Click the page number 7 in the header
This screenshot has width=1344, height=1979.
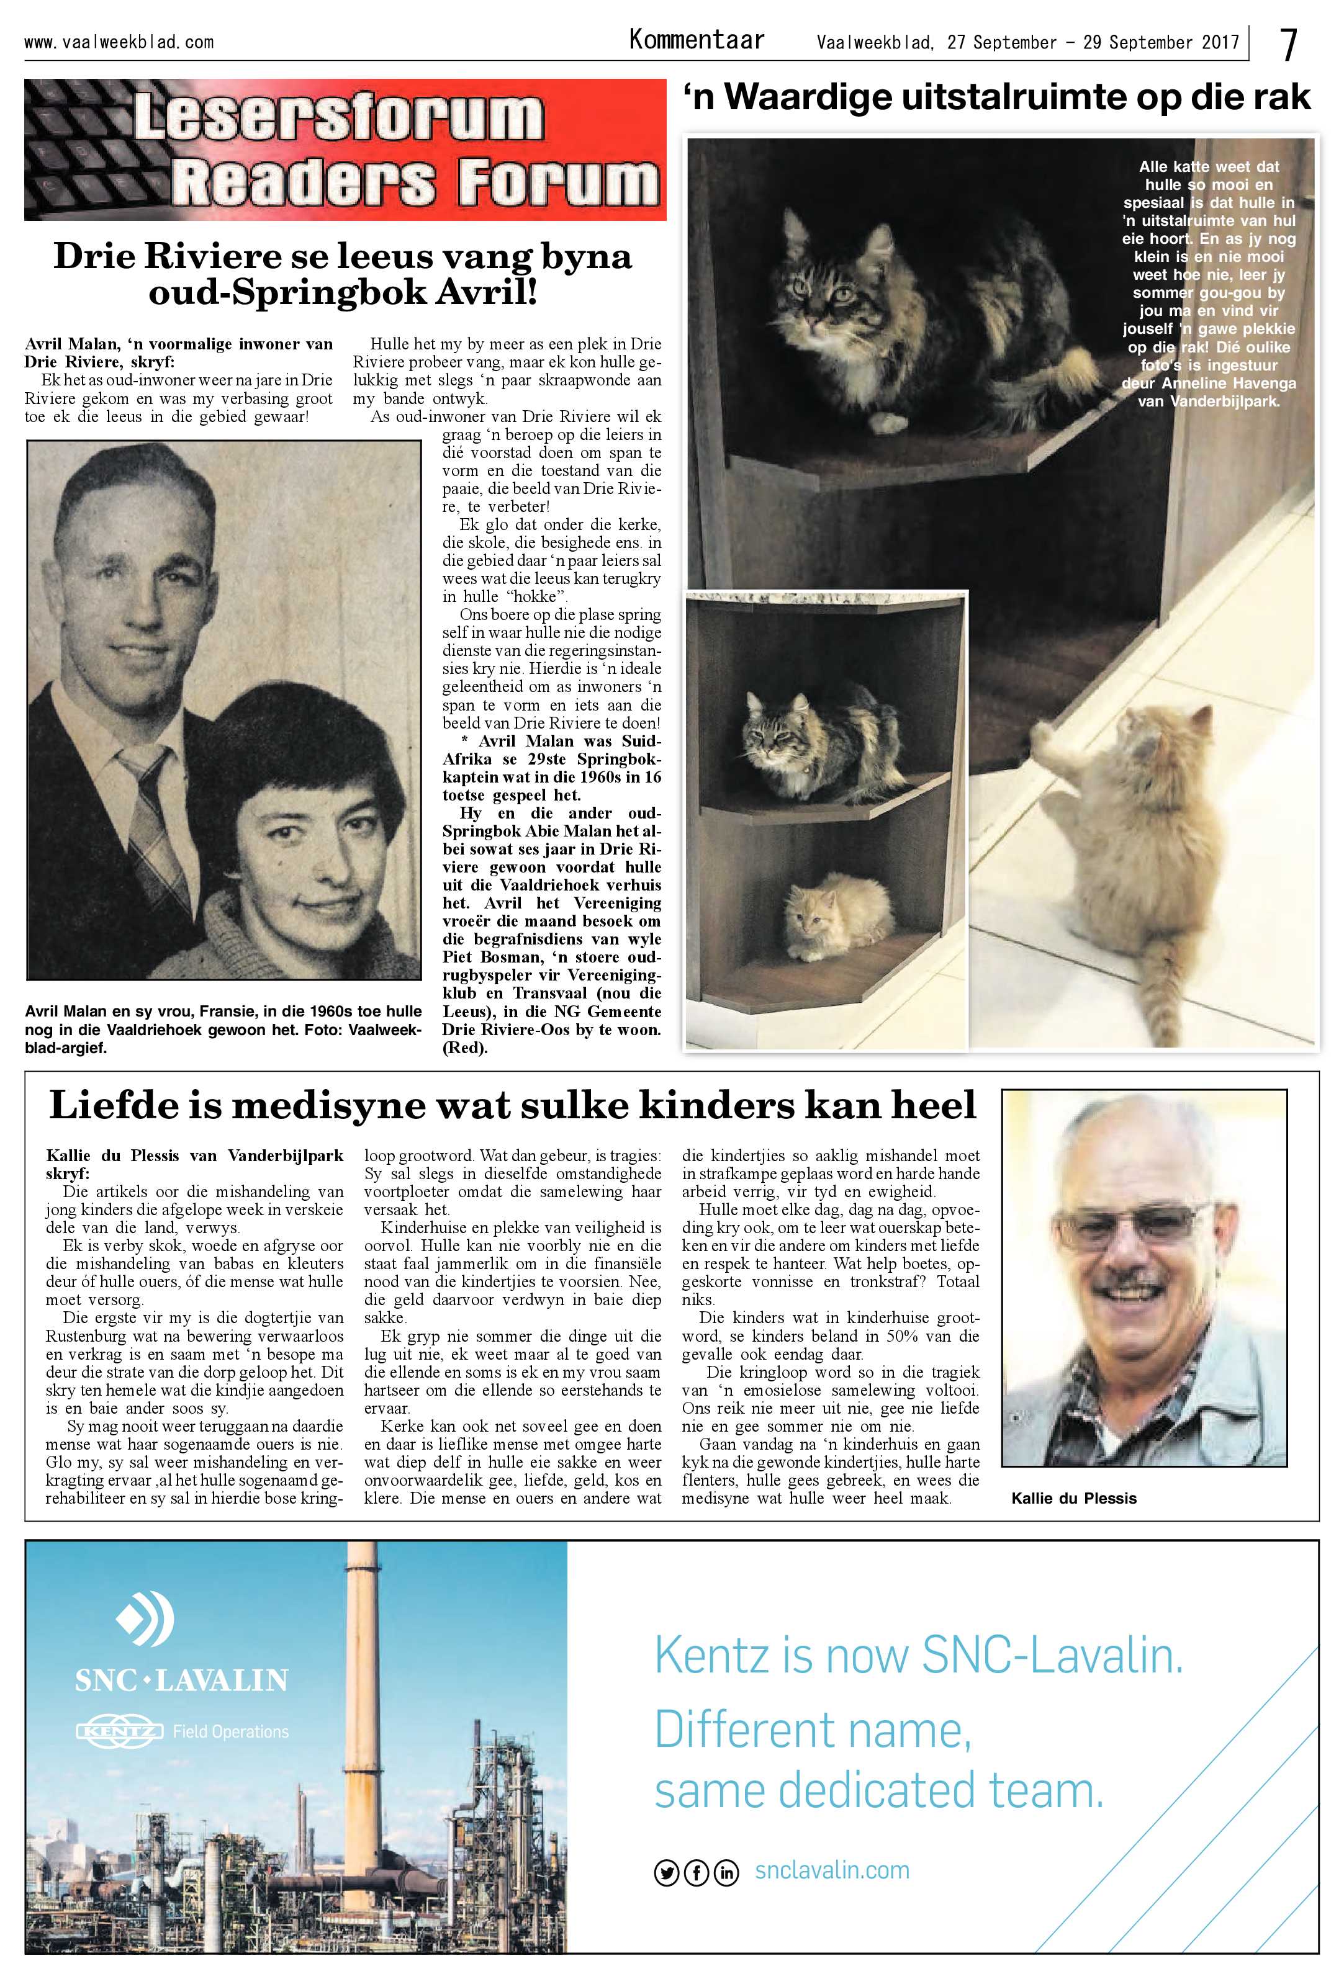point(1289,44)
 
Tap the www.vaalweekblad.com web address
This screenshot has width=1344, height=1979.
point(119,42)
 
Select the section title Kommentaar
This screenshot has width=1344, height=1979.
point(696,40)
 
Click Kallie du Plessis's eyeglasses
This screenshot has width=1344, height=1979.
point(1145,1224)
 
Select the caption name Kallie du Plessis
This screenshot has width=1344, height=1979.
point(1073,1498)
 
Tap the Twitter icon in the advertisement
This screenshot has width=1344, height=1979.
point(666,1872)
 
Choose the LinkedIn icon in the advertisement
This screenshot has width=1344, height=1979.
point(726,1872)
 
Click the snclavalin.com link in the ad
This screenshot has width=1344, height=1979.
point(831,1871)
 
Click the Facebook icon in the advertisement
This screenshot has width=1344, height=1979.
point(696,1872)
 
